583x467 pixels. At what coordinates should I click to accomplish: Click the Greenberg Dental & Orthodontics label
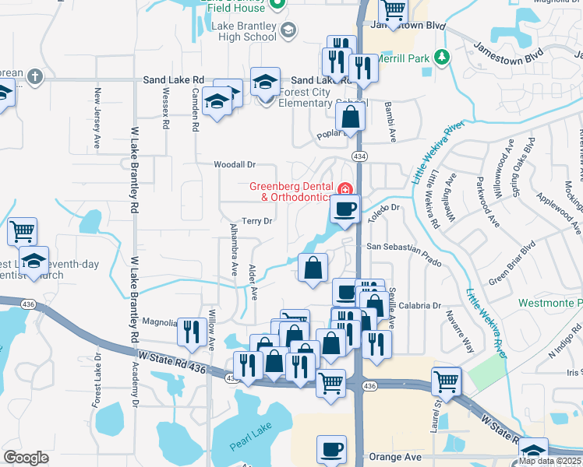coord(292,191)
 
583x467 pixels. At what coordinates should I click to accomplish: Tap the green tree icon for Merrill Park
coord(442,57)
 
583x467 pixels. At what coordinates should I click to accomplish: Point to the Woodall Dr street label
coord(235,165)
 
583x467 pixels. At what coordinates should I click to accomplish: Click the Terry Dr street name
coord(256,221)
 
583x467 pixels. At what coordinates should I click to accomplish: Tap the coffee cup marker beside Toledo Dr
coord(344,209)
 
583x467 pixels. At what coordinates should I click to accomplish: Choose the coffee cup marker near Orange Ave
coord(331,449)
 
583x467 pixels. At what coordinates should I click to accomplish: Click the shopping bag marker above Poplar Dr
coord(351,118)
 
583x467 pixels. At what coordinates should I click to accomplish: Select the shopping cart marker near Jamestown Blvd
coord(394,11)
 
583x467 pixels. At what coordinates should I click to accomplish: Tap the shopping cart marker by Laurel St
coord(447,381)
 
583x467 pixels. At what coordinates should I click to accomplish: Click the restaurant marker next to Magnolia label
coord(190,331)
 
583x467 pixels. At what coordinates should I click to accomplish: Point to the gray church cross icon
coord(33,76)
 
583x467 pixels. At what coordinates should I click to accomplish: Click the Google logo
coord(26,458)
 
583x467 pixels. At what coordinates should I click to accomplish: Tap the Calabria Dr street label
coord(422,306)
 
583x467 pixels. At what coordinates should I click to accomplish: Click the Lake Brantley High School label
coord(244,31)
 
